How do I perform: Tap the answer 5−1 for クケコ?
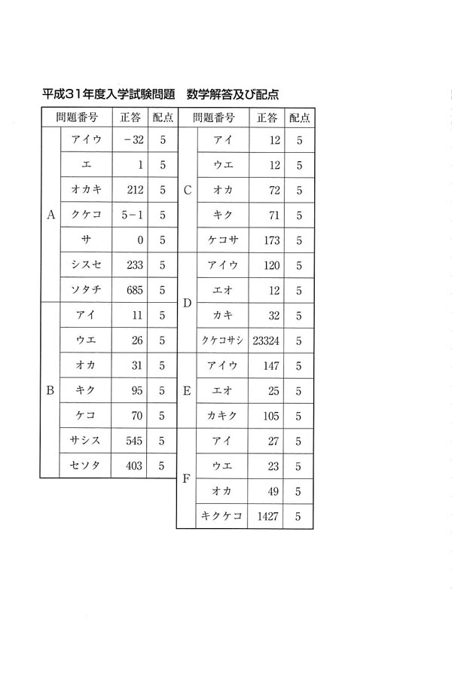(x=133, y=215)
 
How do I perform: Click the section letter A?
(x=50, y=215)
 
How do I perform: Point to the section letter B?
(x=50, y=390)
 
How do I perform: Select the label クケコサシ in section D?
(x=222, y=341)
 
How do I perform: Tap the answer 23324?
(x=267, y=341)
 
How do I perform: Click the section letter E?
(x=187, y=390)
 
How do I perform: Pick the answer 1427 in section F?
(x=268, y=517)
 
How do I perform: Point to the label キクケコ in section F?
(x=222, y=517)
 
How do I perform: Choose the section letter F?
(x=187, y=479)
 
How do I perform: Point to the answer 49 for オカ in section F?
(x=273, y=491)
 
